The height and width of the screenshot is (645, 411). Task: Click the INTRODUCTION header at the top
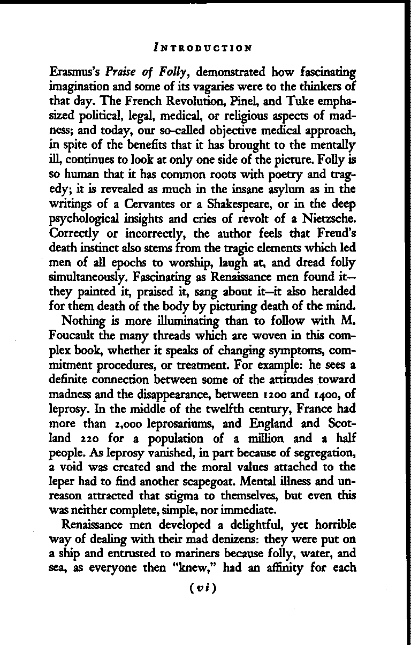point(202,48)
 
